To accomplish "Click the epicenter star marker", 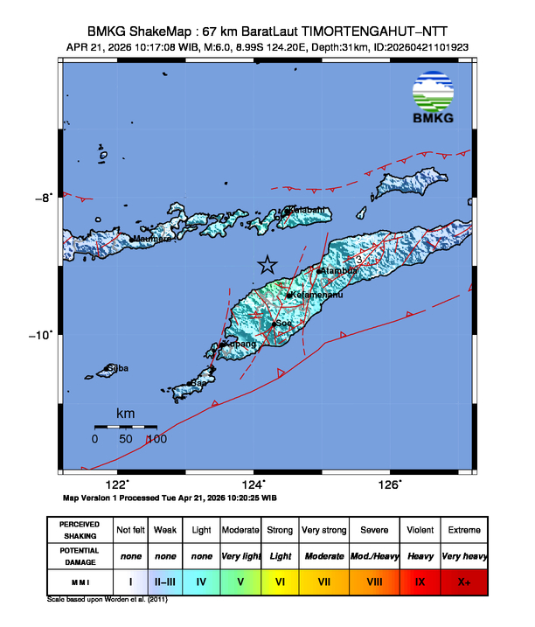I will tap(267, 265).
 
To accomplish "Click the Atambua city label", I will tap(341, 271).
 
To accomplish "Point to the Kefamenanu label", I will tap(316, 295).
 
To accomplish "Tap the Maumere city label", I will tap(151, 238).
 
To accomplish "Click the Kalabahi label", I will tap(310, 210).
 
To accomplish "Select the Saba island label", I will tap(118, 368).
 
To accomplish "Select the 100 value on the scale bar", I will tap(156, 439).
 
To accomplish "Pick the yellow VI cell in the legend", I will tap(281, 580).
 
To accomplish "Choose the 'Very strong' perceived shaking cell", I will tap(323, 530).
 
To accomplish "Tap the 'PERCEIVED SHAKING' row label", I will tap(79, 530).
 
